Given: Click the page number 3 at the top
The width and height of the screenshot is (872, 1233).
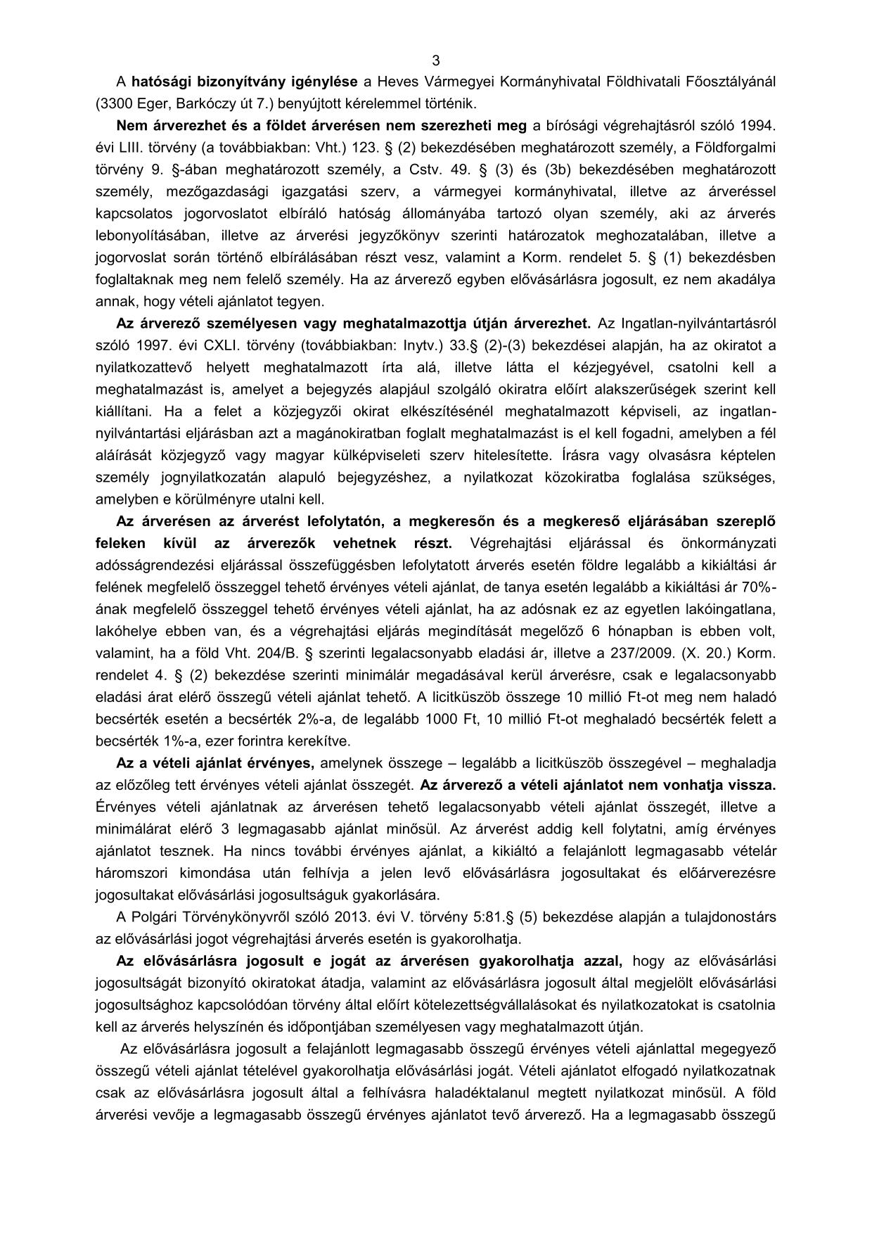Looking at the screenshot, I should [x=436, y=60].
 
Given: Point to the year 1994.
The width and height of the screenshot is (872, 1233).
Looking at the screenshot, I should [x=759, y=126].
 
